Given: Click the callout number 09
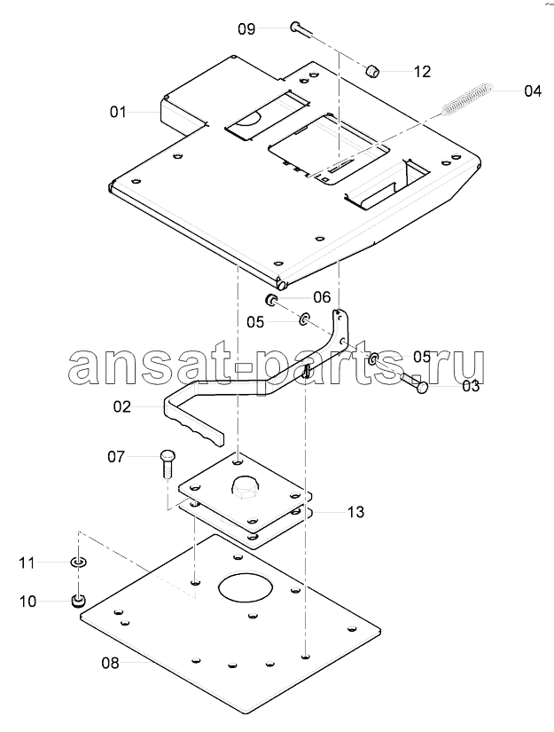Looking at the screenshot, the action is click(x=246, y=29).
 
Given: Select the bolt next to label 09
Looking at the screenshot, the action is click(x=301, y=28).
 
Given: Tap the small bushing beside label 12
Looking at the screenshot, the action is click(x=372, y=72).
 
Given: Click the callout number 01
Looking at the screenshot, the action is click(x=118, y=112).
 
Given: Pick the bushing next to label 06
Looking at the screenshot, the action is click(x=271, y=300).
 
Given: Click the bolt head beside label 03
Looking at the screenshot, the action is click(x=422, y=387).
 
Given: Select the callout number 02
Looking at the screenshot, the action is click(x=121, y=407).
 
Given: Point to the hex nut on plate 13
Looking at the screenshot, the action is click(x=245, y=488).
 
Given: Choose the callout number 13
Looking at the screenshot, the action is click(x=355, y=512).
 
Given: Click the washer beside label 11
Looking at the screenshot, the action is click(x=78, y=562).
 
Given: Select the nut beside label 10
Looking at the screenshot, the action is click(x=78, y=601).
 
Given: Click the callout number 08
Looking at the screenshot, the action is click(x=110, y=663).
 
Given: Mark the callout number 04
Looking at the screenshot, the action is click(x=533, y=91).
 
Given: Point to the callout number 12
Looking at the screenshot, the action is click(x=422, y=72).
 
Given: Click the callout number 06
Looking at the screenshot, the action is click(x=322, y=297).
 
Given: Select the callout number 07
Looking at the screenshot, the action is click(x=116, y=457).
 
